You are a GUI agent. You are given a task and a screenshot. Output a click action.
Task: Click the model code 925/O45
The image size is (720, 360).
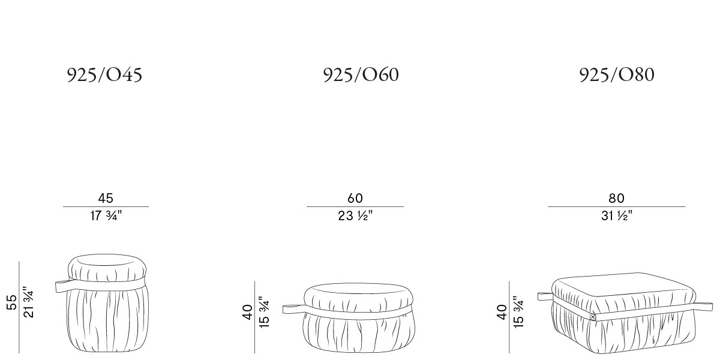pos(104,75)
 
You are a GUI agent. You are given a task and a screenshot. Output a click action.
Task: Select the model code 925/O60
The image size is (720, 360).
pos(361,75)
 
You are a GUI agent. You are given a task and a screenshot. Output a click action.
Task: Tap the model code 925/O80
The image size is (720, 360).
pos(617,75)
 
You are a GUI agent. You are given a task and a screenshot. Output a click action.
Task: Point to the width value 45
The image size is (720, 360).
pos(106,199)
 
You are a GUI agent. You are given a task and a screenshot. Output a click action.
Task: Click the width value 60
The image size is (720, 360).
pos(355,199)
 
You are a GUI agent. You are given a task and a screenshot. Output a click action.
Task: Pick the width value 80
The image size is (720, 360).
pos(617,199)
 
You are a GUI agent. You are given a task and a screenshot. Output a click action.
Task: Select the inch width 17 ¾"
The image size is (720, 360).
pos(106,215)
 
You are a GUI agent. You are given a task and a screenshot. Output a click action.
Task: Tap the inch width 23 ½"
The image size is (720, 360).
pos(355,215)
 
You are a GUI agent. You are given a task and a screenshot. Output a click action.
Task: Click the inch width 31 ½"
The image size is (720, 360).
pos(617,215)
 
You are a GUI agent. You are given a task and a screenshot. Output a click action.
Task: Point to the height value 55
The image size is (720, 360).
pos(11,302)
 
